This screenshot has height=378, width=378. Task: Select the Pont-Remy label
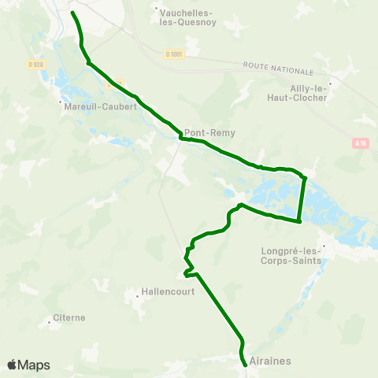click(205, 133)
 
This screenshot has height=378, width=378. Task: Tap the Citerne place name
click(69, 318)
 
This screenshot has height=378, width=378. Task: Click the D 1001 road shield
click(174, 54)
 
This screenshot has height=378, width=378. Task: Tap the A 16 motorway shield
click(361, 143)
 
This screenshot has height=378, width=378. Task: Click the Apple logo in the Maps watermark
click(13, 365)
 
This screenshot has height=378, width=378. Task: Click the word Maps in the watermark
click(34, 365)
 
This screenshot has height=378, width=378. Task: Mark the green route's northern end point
click(72, 13)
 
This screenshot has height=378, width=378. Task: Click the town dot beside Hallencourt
click(138, 296)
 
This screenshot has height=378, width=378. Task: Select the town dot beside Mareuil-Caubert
click(60, 102)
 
